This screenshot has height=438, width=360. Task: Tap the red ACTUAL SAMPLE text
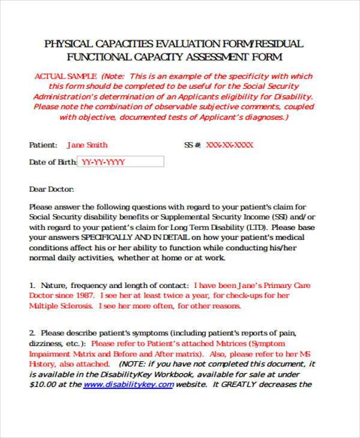point(65,76)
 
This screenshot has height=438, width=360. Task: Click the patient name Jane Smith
point(87,145)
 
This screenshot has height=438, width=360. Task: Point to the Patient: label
point(43,145)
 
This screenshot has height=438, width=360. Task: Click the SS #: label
point(192,145)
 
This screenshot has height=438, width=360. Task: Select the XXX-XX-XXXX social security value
point(229,145)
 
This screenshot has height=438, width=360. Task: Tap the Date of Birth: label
point(53,162)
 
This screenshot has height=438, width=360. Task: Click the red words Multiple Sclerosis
point(61,306)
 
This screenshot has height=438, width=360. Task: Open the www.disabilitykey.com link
point(120,385)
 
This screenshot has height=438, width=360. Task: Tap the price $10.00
point(43,385)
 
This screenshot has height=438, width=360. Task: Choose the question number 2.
point(32,333)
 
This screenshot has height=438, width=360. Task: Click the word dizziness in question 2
point(46,343)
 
